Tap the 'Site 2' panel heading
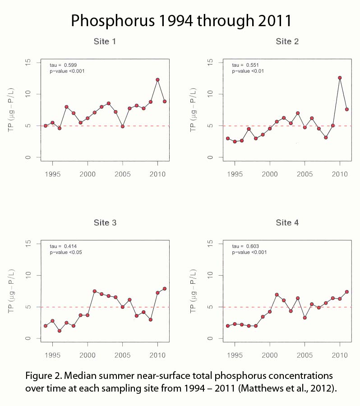tap(287, 42)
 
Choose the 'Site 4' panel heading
tap(287, 223)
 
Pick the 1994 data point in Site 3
tap(46, 326)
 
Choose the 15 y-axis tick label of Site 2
tap(210, 62)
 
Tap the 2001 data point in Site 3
tap(95, 291)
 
